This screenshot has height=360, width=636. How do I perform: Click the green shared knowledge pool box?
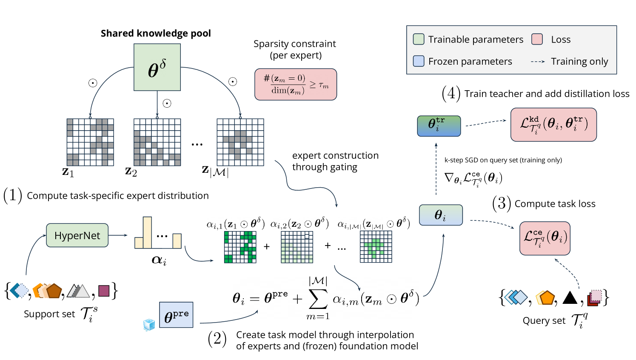pos(157,67)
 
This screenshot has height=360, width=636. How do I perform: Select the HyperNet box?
pos(77,235)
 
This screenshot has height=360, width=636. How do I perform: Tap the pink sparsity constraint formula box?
pos(296,84)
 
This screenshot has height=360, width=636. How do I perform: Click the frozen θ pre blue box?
pos(176,315)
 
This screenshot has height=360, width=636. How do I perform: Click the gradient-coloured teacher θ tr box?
pos(439,126)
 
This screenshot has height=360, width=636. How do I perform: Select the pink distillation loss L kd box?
pos(553,124)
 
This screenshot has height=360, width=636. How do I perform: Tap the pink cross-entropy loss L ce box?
pos(545,238)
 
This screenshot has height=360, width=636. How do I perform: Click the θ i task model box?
pos(440,215)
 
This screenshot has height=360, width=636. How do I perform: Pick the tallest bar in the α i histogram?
pos(147,232)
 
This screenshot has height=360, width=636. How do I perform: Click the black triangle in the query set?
pos(570,297)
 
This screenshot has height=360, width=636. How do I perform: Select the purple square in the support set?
pos(104,291)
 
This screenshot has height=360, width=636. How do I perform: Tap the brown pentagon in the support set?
pos(54,291)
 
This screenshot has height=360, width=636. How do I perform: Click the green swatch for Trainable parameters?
pos(419,39)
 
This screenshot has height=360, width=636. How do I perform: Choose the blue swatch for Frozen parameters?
pos(419,61)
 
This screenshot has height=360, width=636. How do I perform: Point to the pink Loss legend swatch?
pos(537,39)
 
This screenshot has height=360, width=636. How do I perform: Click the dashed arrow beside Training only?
pos(538,62)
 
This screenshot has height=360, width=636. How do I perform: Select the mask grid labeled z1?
pos(90,142)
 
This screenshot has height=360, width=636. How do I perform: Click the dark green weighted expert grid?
pos(240,247)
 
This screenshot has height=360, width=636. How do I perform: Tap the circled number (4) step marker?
pos(451,94)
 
